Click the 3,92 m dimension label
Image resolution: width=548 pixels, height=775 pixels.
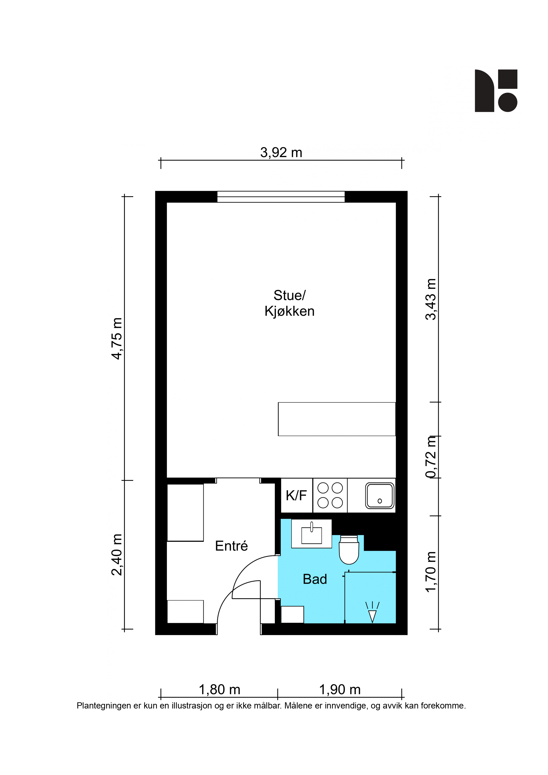(x=281, y=153)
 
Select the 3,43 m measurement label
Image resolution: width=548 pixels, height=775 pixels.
(x=431, y=299)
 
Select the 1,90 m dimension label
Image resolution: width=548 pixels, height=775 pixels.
(x=340, y=690)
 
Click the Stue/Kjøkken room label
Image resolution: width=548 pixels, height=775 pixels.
(x=289, y=303)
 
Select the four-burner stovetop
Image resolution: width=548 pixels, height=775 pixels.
(x=330, y=495)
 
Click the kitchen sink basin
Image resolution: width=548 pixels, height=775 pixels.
(x=380, y=496)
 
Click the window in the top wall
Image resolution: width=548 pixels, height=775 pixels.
(x=281, y=197)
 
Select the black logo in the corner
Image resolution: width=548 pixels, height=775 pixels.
(x=496, y=91)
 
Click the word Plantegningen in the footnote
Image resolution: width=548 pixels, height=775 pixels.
(x=104, y=706)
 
